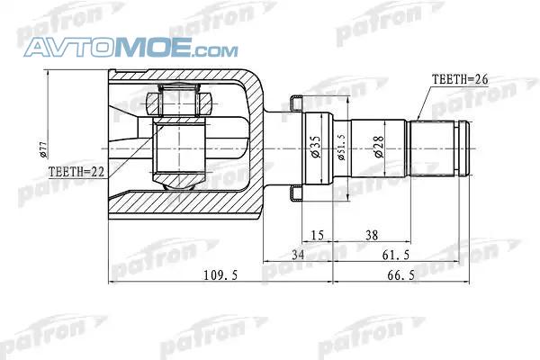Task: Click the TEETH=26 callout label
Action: tap(460, 80)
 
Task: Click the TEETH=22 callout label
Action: tap(76, 172)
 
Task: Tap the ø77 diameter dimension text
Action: tap(43, 149)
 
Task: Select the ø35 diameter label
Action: tap(316, 147)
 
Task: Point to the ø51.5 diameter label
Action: tap(341, 147)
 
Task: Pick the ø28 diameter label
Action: tap(379, 147)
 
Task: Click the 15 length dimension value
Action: tap(317, 236)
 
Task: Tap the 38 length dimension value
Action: tap(372, 236)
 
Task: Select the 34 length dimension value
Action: tap(298, 255)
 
